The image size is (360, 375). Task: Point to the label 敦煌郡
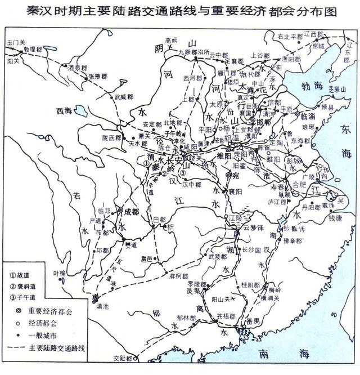point(32,49)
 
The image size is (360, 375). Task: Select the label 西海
point(65,111)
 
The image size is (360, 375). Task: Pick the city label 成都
point(130,212)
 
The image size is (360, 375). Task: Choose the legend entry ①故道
point(22,275)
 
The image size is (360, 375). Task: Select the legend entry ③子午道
point(24,297)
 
